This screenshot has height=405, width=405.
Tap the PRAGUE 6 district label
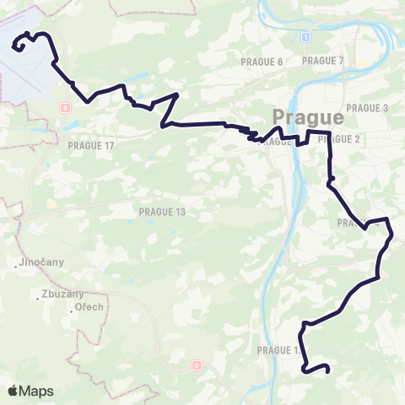262,62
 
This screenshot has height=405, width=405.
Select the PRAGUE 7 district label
323,61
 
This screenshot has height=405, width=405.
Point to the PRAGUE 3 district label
367,108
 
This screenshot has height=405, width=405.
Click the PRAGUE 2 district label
341,139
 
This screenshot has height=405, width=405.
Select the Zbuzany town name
55,295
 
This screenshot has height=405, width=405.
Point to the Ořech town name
89,306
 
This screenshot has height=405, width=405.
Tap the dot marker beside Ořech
72,311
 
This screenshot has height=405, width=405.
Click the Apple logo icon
13,391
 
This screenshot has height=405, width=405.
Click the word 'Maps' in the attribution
36,391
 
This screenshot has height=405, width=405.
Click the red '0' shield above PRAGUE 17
65,107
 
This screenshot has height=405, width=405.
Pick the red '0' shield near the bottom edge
196,365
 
